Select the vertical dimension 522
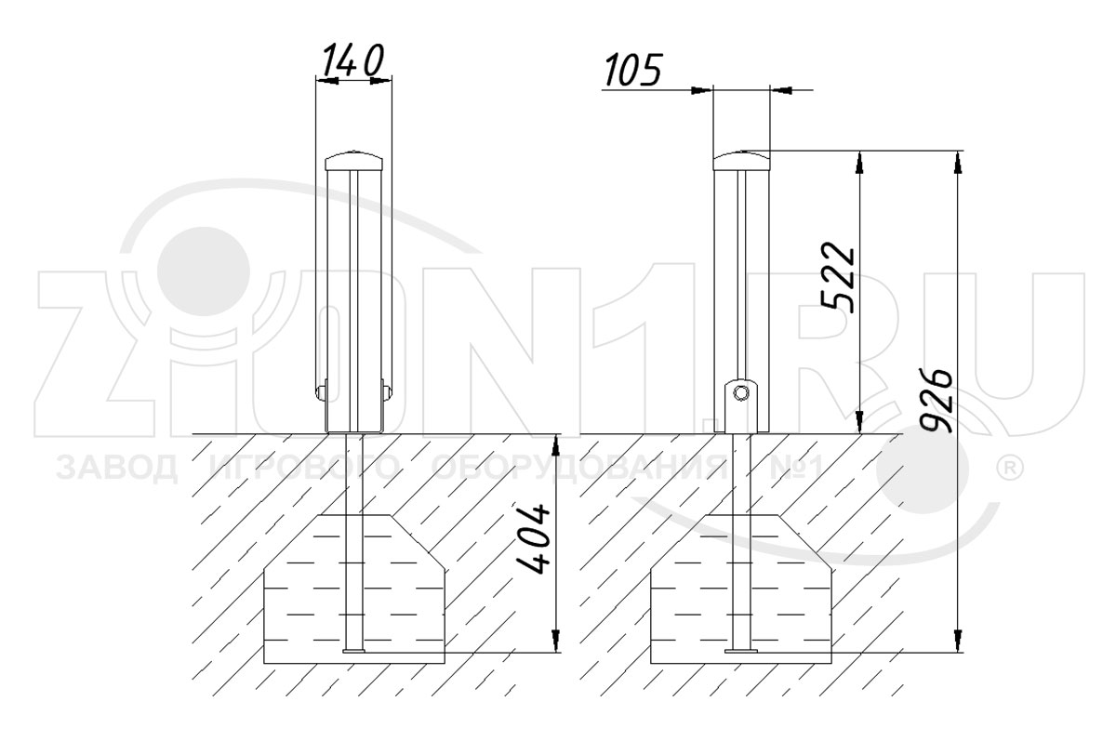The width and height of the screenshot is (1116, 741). pyautogui.click(x=838, y=277)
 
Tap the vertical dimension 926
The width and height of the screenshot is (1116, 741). pyautogui.click(x=937, y=402)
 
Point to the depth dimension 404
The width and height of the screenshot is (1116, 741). pyautogui.click(x=533, y=539)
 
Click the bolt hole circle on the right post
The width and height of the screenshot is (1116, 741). pyautogui.click(x=741, y=393)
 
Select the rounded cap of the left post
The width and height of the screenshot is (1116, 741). pyautogui.click(x=354, y=160)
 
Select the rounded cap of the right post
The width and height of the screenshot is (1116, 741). pyautogui.click(x=741, y=160)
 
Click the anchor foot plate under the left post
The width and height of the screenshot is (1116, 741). pyautogui.click(x=354, y=651)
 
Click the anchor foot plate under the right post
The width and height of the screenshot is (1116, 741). pyautogui.click(x=741, y=651)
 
